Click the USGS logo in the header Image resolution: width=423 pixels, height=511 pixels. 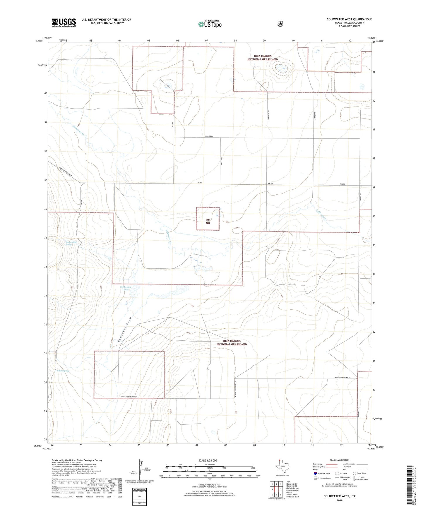(x=64, y=22)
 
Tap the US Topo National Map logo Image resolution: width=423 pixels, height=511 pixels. (x=209, y=24)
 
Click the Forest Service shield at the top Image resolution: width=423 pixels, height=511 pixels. (x=280, y=24)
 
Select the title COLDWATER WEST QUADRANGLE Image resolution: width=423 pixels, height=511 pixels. (x=349, y=19)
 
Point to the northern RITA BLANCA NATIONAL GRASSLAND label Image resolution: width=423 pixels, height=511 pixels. (x=263, y=57)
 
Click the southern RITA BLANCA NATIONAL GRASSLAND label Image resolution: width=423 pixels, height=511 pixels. (x=232, y=342)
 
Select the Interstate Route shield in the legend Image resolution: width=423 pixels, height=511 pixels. (x=315, y=473)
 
